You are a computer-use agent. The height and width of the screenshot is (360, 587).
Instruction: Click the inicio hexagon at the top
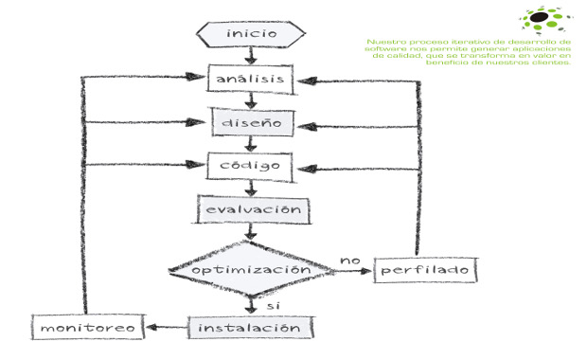pos(251,34)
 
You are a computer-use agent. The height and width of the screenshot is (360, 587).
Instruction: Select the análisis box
pos(250,78)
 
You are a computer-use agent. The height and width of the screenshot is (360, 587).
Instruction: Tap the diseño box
pos(250,122)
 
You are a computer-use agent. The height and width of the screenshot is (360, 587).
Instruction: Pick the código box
pos(250,166)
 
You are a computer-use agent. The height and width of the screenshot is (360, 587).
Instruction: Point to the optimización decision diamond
pos(251,270)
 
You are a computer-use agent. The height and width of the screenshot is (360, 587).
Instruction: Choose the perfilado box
pos(425,270)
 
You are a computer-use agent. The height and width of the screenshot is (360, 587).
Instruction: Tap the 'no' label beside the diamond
pos(350,258)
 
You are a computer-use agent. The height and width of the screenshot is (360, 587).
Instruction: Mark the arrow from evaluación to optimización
pos(250,231)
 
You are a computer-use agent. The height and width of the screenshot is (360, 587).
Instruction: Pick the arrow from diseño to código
pos(250,144)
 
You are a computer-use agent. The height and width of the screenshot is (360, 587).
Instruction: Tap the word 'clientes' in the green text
pos(553,63)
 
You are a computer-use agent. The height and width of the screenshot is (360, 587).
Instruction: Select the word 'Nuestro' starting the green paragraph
pos(383,42)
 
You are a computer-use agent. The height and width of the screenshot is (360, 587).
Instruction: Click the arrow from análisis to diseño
pos(250,99)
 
